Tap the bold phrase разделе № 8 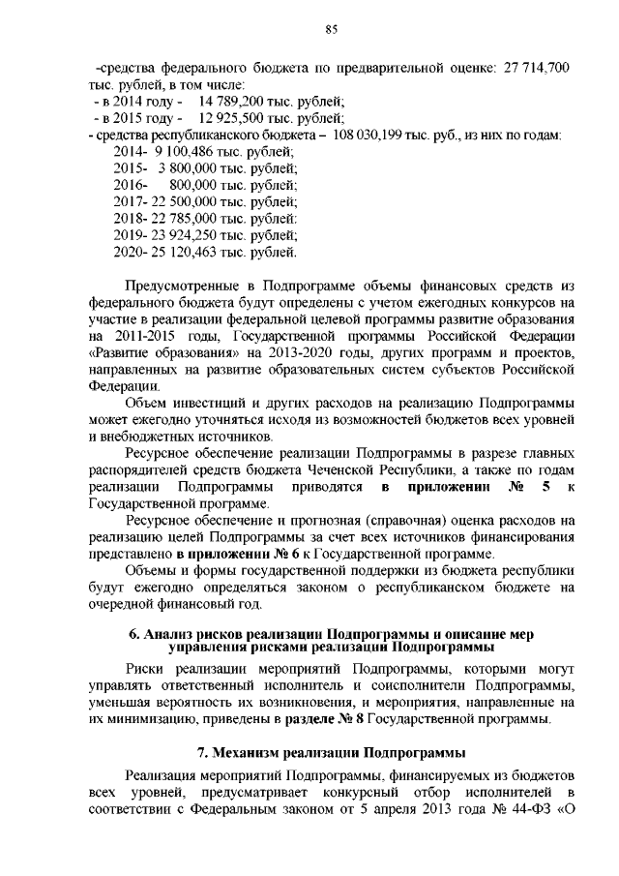click(318, 720)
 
